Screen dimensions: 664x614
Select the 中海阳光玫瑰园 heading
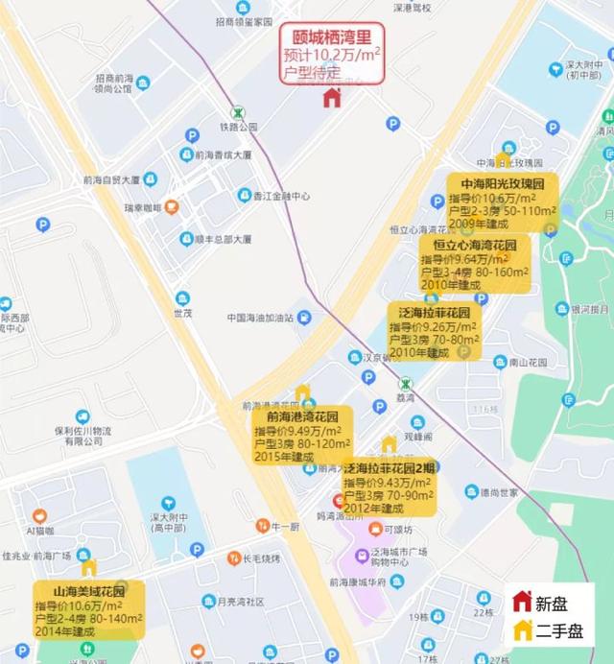[502, 182]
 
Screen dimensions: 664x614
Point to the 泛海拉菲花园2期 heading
[390, 467]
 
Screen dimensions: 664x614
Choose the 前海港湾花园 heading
[296, 418]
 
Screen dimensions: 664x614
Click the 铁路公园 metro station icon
[237, 111]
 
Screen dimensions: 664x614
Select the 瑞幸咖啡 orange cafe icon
[171, 205]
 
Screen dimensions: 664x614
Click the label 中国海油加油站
[259, 317]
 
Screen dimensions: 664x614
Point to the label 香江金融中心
[282, 196]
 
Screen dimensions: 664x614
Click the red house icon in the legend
[523, 602]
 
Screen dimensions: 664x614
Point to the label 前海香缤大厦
[221, 154]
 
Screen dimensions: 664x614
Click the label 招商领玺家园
[248, 20]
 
